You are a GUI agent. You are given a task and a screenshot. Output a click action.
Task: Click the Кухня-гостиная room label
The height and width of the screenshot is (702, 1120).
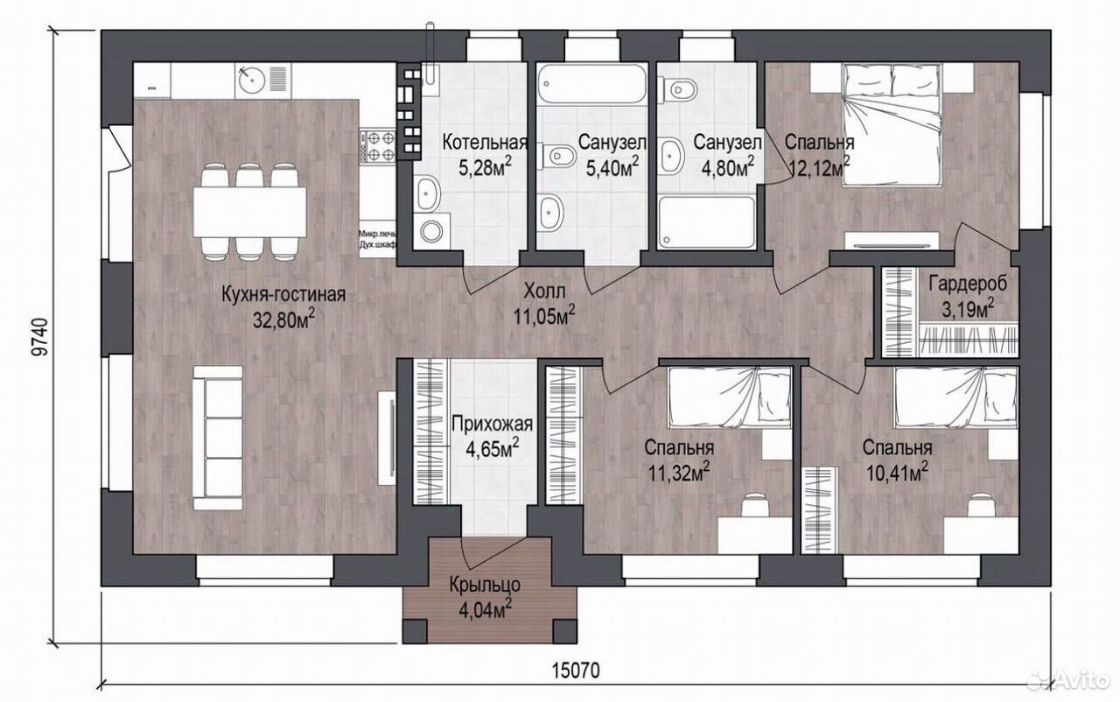tap(283, 294)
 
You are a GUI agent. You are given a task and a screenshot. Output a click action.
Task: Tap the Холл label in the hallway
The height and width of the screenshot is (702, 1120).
tap(544, 291)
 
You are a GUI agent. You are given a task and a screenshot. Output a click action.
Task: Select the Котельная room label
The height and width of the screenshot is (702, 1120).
tap(485, 143)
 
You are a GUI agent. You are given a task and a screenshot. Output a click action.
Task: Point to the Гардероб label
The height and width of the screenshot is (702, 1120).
tap(968, 284)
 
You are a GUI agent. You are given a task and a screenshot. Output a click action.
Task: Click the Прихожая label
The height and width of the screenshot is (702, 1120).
tap(492, 424)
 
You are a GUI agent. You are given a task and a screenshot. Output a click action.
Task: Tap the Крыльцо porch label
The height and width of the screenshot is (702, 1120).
tap(485, 585)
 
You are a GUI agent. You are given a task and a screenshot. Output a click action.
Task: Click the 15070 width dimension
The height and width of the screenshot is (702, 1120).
tap(576, 670)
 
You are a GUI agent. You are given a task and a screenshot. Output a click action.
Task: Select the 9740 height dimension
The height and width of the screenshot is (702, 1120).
tap(39, 336)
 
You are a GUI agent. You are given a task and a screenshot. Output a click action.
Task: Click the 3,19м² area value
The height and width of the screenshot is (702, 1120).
tap(968, 308)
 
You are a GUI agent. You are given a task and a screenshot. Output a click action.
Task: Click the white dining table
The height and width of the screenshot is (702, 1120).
tap(250, 212)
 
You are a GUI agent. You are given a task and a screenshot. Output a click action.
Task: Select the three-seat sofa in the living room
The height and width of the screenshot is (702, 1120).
tap(218, 438)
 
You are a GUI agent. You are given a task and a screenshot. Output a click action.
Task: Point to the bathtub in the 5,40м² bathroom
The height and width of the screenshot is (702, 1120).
tap(592, 86)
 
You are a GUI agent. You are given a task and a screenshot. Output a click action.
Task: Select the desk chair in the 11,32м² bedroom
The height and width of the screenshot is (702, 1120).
tap(755, 506)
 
